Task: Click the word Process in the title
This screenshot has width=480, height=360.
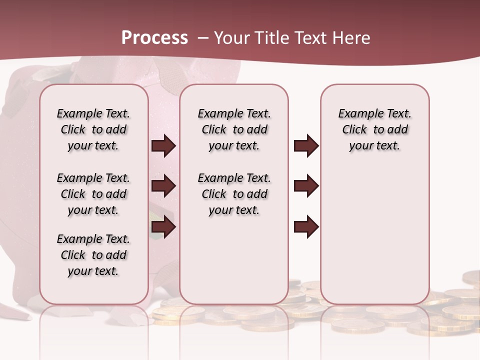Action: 154,37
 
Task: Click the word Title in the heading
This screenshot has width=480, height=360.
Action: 272,38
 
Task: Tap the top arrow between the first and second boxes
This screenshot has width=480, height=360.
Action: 163,146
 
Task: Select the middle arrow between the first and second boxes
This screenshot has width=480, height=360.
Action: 163,186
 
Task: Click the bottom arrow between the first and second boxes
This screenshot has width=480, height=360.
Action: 163,227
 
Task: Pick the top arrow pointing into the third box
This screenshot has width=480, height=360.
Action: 306,146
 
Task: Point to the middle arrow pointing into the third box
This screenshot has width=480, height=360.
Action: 306,186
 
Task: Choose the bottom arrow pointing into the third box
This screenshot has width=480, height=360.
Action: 306,227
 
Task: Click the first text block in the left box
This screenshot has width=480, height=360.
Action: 93,129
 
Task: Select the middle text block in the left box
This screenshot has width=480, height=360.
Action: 93,194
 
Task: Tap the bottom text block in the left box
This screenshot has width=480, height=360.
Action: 93,255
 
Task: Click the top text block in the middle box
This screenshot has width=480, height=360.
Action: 234,129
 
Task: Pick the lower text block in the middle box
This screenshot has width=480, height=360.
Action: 234,194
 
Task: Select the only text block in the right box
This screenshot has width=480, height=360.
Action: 375,129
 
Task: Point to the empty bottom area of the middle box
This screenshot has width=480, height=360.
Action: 234,265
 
